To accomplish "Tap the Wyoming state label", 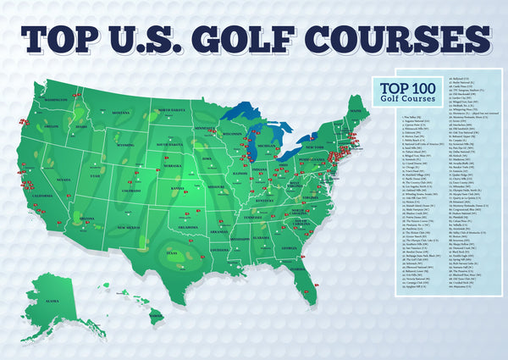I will (x=124, y=145).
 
